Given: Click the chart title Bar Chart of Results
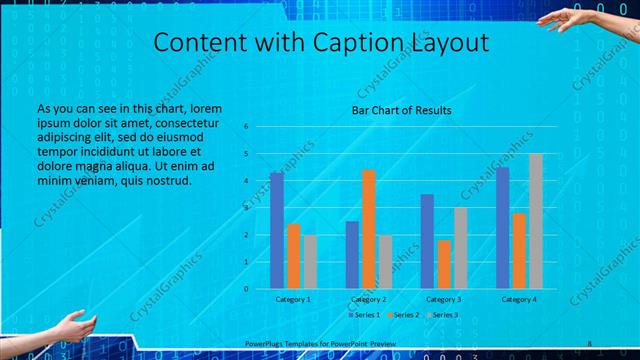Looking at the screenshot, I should [x=401, y=110].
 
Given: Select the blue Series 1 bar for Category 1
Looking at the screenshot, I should [x=277, y=230].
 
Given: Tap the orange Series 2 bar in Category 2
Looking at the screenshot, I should [x=368, y=229].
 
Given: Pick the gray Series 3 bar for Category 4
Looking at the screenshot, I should [x=535, y=221].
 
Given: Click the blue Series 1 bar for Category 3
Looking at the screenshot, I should [x=427, y=241].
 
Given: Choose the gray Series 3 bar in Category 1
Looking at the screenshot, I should [x=310, y=261].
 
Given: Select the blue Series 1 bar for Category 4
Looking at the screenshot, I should [x=502, y=228].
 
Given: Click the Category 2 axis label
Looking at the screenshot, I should [x=369, y=299].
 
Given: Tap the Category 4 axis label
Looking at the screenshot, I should [x=519, y=299].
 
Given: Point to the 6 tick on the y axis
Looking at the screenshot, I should [x=261, y=127].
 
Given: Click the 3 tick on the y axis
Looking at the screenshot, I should [x=261, y=208].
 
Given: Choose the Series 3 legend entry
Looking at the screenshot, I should [x=444, y=315].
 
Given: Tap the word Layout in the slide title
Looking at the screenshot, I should [x=449, y=43].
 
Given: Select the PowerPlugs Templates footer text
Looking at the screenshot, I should [x=320, y=344].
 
